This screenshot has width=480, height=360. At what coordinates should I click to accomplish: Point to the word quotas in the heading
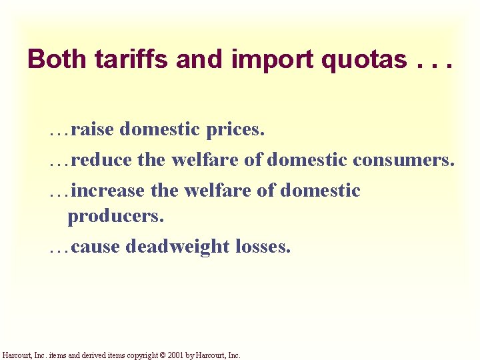[x=364, y=60]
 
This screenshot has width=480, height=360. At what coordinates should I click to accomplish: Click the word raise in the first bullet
[x=93, y=129]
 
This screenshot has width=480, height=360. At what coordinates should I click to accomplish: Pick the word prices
[x=236, y=129]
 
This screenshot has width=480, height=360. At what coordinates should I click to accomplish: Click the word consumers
[x=404, y=160]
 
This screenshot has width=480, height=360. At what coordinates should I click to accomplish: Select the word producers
[x=115, y=217]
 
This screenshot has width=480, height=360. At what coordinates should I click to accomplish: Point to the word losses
[x=263, y=247]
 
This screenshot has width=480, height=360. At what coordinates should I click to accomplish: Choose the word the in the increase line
[x=164, y=191]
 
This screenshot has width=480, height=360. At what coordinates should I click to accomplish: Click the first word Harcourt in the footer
[x=17, y=355]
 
